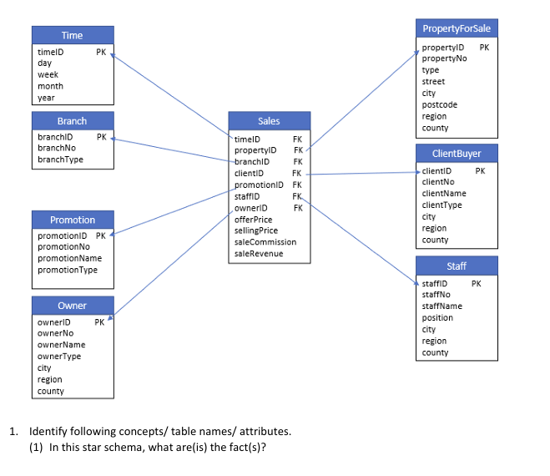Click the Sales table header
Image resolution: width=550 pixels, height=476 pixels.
[269, 121]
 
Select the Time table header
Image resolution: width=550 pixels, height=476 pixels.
[73, 35]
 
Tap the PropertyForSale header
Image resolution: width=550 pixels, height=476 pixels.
[457, 28]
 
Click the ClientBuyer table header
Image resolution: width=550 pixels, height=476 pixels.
[457, 154]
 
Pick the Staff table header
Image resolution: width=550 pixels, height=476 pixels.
[457, 266]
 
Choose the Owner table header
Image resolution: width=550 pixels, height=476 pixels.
[73, 306]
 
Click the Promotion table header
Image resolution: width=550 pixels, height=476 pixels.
[73, 220]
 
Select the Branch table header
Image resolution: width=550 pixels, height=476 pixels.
[73, 121]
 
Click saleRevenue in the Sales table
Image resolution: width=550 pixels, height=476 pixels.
[259, 253]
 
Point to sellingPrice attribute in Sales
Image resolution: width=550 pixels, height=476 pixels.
[256, 230]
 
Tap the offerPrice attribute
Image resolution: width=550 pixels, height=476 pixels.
[254, 219]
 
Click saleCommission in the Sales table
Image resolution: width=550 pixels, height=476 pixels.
[265, 241]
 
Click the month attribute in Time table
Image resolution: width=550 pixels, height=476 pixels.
[50, 86]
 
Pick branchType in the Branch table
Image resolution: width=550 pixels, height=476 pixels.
[61, 159]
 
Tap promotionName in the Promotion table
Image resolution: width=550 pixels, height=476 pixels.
[70, 258]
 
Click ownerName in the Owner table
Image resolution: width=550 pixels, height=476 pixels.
[62, 344]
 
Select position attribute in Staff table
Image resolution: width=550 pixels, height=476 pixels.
[437, 317]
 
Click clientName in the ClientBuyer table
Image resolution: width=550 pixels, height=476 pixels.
[444, 193]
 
